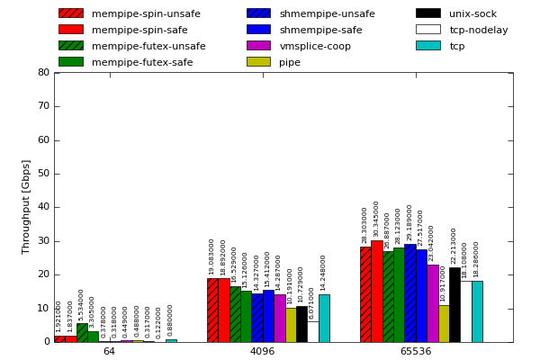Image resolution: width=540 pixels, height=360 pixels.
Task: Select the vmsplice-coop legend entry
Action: click(x=314, y=46)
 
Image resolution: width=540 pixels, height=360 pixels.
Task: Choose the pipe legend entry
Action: click(x=289, y=62)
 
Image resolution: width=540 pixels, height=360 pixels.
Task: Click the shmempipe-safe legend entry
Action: click(x=319, y=30)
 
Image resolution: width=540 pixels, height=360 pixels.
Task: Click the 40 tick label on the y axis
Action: click(x=44, y=208)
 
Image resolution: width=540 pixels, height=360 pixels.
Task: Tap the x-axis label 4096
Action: click(x=262, y=351)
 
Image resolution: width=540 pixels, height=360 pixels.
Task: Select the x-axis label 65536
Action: click(x=415, y=351)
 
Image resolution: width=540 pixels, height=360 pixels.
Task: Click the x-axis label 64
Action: click(x=109, y=351)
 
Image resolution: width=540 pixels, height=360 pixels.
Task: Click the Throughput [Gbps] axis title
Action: click(x=26, y=207)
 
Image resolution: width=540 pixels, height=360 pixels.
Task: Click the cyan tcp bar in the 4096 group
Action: click(x=324, y=318)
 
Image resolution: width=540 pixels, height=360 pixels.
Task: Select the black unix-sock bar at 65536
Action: click(x=454, y=304)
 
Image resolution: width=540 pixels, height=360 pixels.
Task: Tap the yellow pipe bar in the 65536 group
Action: click(x=444, y=323)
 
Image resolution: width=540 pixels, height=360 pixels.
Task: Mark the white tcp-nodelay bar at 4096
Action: click(x=312, y=331)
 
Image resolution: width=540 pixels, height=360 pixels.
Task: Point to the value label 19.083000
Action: click(x=212, y=256)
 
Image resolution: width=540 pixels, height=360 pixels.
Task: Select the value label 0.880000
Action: click(x=171, y=321)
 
